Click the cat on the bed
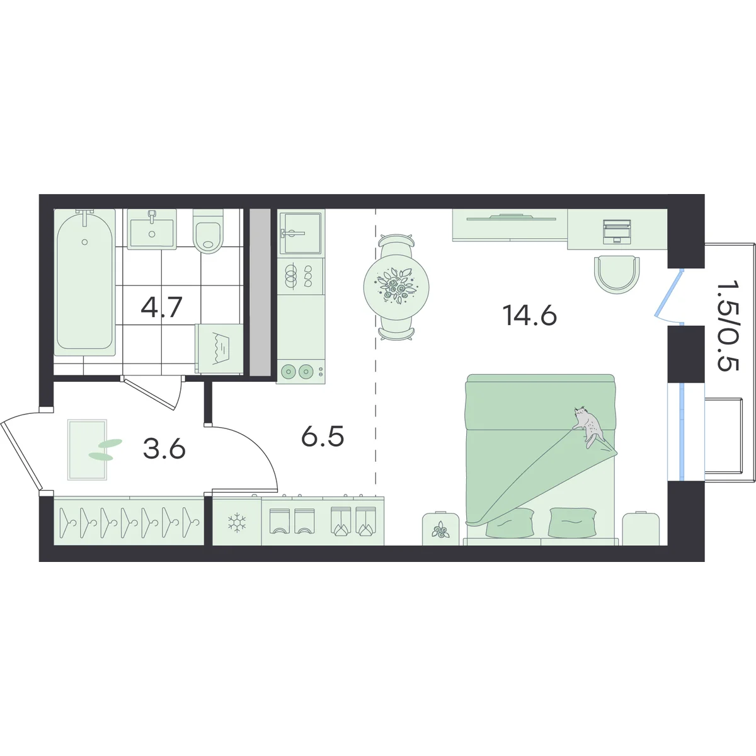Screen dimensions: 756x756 click(588, 427)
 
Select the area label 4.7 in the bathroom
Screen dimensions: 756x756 click(162, 307)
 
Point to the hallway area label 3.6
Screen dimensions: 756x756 click(164, 449)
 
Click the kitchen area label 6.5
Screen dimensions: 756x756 click(323, 437)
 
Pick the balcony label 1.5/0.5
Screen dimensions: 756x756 click(728, 325)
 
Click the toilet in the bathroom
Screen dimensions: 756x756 click(209, 231)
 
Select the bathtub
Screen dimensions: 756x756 click(85, 282)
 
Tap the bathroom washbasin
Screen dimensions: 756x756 click(152, 229)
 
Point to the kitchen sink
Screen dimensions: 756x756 click(301, 233)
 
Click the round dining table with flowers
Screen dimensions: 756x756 click(396, 287)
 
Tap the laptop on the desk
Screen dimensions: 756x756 click(617, 231)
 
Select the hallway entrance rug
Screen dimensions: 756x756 click(87, 450)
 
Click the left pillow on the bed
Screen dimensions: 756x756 click(510, 522)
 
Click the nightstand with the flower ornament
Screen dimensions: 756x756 click(440, 529)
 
